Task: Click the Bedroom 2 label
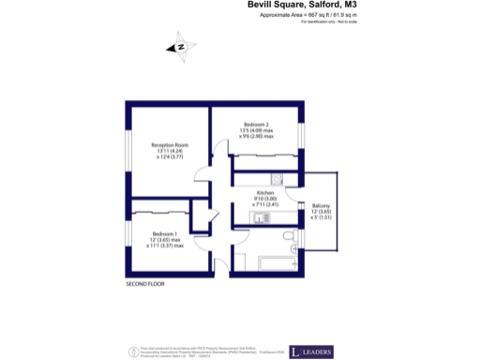[x=257, y=125]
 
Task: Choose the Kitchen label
[x=265, y=191]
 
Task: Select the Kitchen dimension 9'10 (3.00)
[x=265, y=198]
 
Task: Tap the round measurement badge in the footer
[x=130, y=352]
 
